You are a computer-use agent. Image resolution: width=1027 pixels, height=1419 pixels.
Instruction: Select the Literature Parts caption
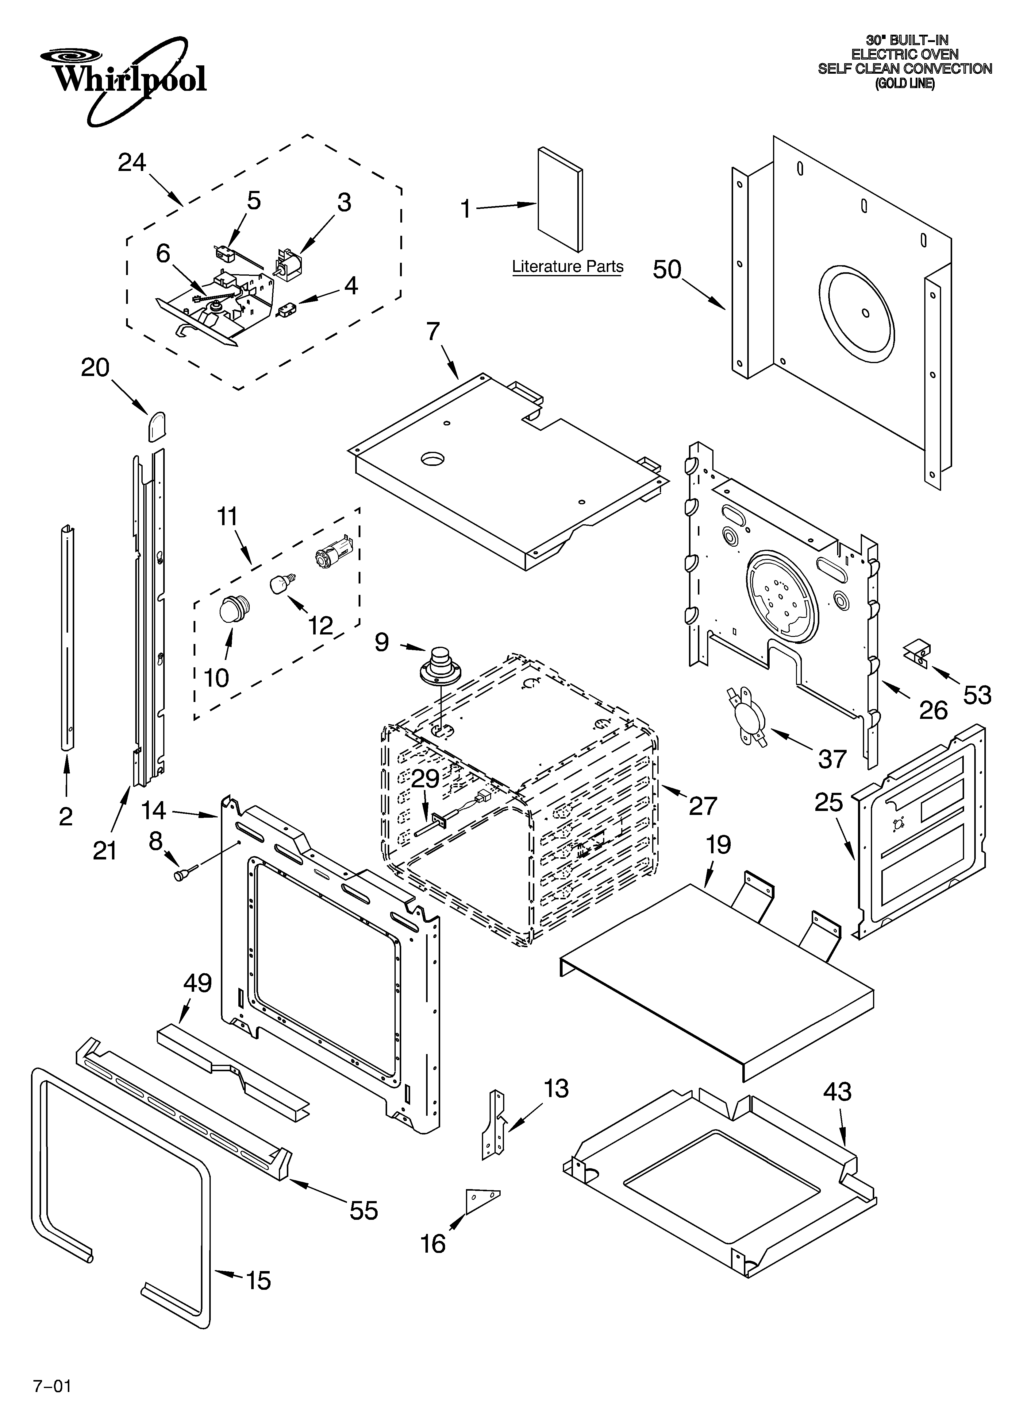[567, 266]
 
